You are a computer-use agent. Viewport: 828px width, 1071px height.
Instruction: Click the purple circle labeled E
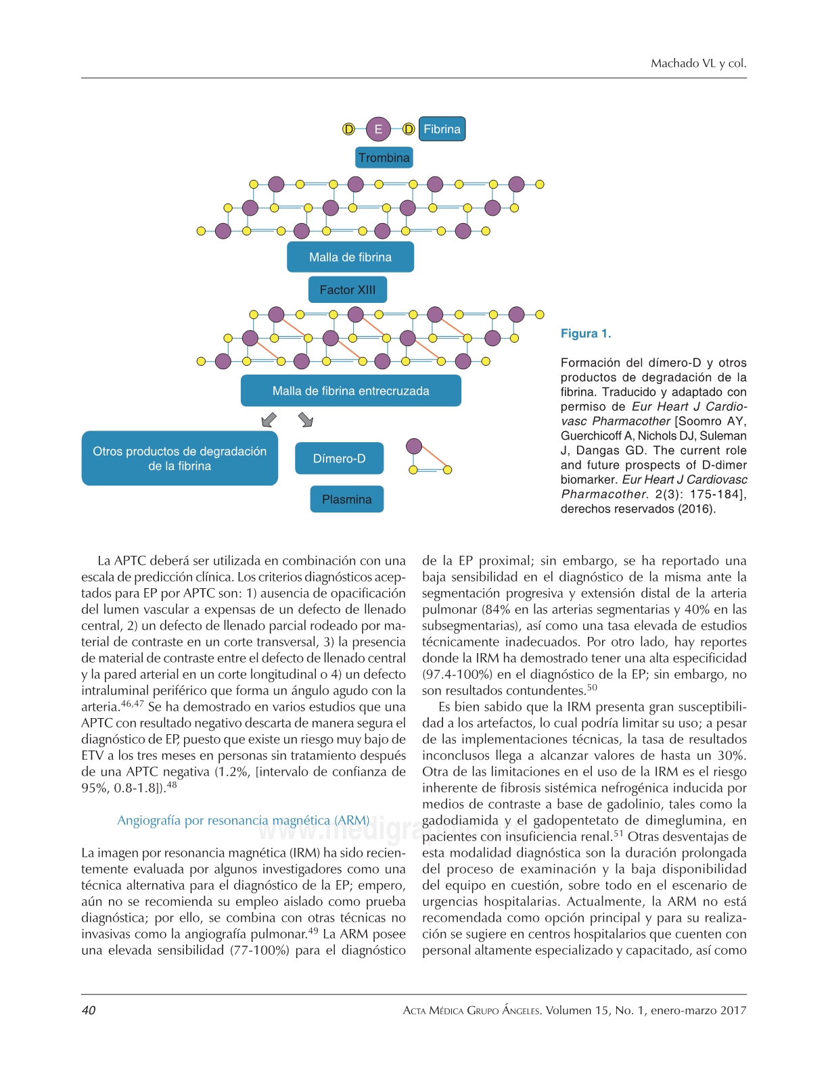378,129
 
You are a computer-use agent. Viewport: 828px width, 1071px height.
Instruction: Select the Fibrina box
442,129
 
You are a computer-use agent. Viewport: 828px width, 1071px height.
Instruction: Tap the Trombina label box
384,158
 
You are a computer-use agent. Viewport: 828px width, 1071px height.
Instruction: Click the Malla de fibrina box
350,257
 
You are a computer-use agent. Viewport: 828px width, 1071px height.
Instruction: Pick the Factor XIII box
347,289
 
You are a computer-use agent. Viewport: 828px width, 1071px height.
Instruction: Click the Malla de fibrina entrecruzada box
350,391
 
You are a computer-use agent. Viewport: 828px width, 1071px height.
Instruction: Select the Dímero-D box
339,458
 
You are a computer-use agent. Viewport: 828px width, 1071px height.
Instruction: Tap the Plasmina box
346,499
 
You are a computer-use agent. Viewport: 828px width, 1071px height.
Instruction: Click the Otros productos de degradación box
179,458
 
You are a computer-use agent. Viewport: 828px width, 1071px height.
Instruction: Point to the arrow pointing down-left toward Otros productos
269,420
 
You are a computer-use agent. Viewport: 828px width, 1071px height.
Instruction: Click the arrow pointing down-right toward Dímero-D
306,420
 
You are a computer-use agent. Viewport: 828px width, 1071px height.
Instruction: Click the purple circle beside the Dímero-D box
414,446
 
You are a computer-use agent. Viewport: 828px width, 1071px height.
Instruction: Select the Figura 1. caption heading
585,333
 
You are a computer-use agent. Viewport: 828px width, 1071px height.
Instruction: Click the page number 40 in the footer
89,1010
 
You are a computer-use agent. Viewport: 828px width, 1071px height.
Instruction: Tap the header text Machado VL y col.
698,64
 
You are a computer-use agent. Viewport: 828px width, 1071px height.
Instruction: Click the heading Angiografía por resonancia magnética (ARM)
244,820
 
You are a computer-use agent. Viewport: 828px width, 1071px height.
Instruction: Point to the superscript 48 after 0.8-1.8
172,785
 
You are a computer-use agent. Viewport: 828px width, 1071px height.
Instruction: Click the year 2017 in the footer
733,1010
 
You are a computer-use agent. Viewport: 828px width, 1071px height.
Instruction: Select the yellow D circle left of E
348,129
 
